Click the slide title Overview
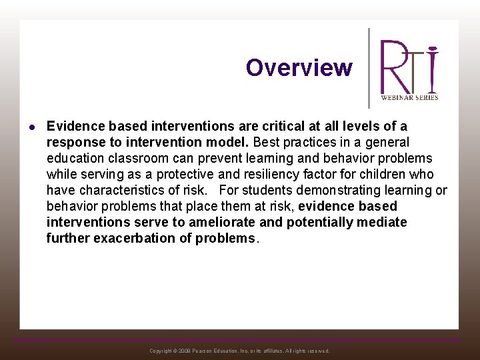[x=299, y=68]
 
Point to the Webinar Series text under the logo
[x=409, y=97]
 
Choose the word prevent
[x=210, y=158]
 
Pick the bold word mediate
[x=381, y=222]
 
